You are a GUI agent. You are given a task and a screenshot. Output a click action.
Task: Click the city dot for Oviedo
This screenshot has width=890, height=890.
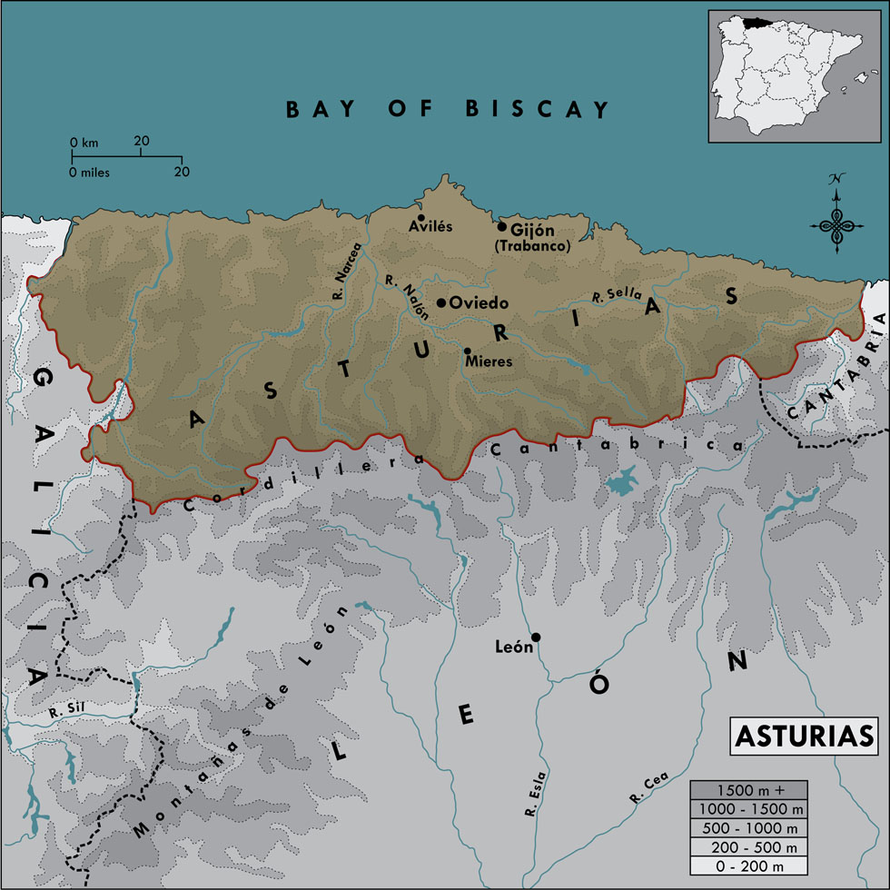[x=441, y=303]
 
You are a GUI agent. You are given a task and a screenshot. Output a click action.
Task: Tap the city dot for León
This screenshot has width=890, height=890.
[x=536, y=637]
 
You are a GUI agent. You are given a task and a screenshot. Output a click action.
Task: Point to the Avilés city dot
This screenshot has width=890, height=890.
[x=421, y=217]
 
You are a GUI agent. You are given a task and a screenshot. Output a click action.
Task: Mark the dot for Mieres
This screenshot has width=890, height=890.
[x=467, y=351]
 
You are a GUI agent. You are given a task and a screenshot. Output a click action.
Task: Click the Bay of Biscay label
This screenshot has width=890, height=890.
[x=447, y=110]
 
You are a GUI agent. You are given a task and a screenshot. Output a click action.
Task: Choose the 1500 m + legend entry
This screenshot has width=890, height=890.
[x=748, y=789]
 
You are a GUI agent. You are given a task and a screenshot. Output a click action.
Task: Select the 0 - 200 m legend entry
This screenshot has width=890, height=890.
[x=748, y=866]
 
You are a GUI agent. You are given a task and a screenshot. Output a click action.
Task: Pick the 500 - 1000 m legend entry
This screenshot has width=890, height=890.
[x=748, y=828]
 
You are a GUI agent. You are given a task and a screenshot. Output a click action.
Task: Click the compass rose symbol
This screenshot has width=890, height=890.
[x=834, y=218]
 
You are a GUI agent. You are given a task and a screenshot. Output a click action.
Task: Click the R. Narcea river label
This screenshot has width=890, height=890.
[x=346, y=271]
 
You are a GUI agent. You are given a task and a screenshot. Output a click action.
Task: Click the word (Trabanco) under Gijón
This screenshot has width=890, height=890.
[x=533, y=246]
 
